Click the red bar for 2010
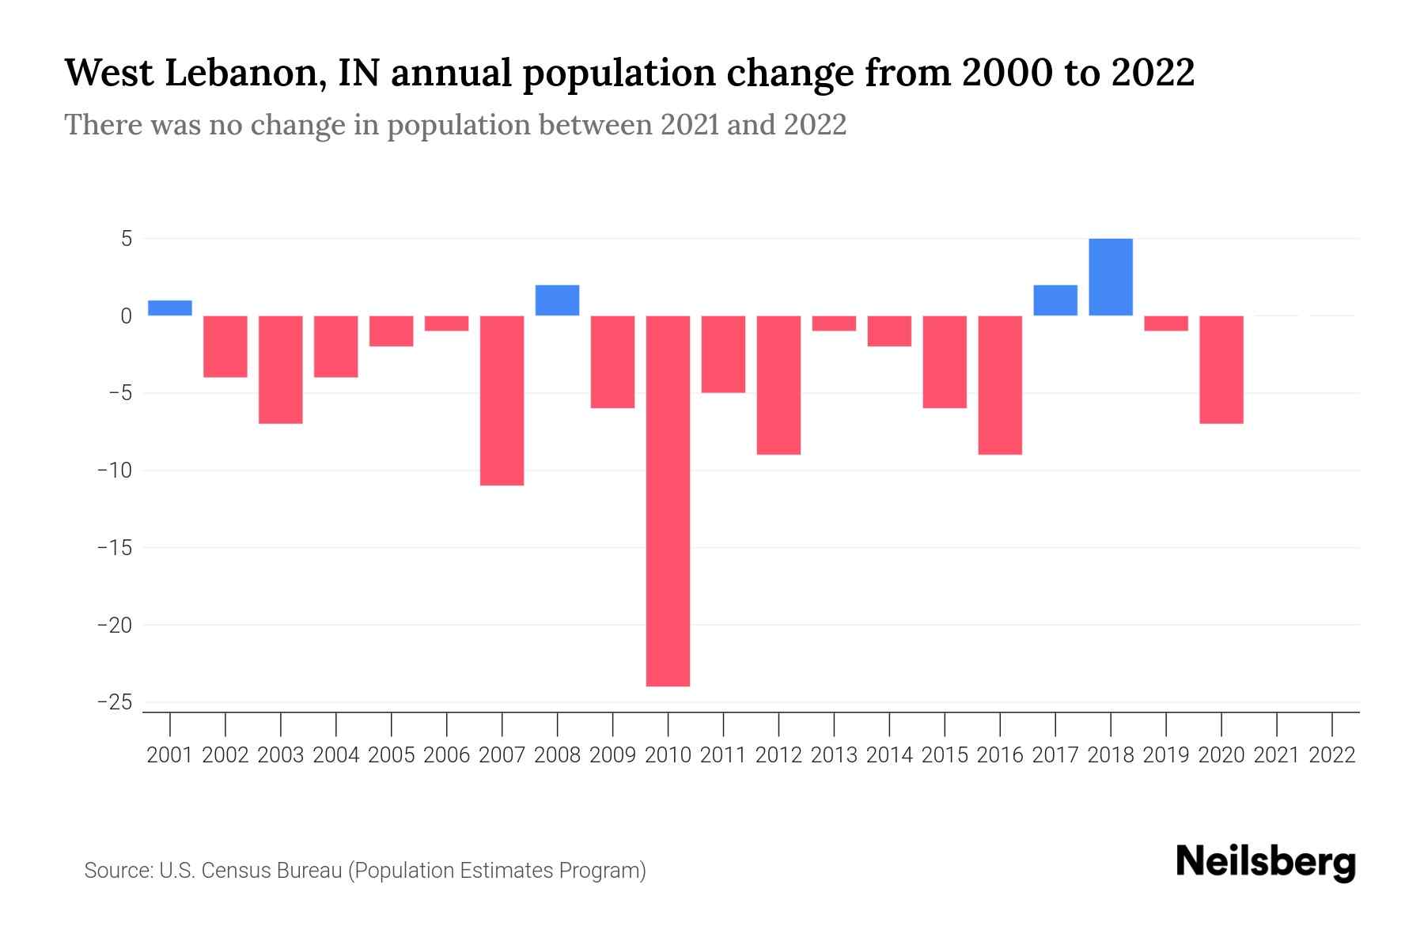click(x=668, y=501)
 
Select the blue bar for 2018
click(x=1111, y=277)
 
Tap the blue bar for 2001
click(x=170, y=308)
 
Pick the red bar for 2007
click(x=502, y=400)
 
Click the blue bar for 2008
click(x=557, y=300)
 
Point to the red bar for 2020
click(x=1221, y=369)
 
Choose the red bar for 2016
click(x=1000, y=385)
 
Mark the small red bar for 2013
click(x=834, y=323)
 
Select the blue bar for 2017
click(x=1055, y=300)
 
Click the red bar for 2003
click(x=281, y=369)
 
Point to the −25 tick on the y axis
click(x=114, y=702)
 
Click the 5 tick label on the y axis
click(x=127, y=238)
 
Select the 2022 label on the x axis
click(x=1332, y=755)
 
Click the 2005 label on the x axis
click(x=392, y=755)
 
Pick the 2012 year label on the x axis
click(x=778, y=755)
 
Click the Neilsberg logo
click(x=1266, y=862)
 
